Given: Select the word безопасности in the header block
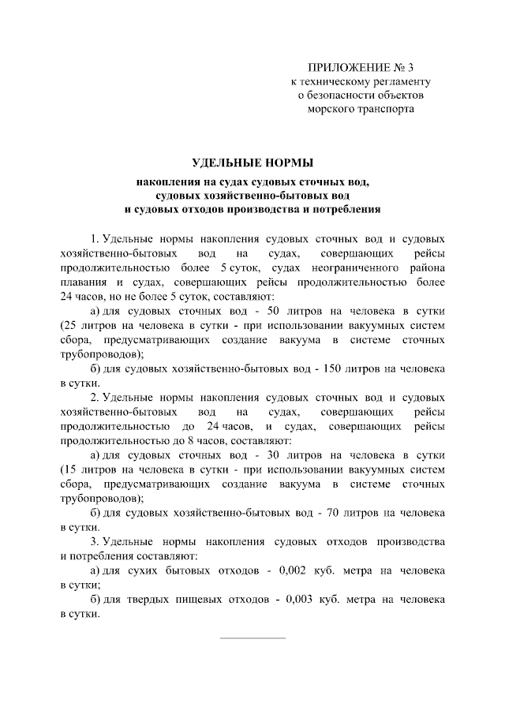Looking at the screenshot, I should coord(343,95).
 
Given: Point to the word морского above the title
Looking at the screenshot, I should coord(334,110).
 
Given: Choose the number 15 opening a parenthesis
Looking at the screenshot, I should coord(69,469).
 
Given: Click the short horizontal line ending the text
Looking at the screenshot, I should coord(252,637).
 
